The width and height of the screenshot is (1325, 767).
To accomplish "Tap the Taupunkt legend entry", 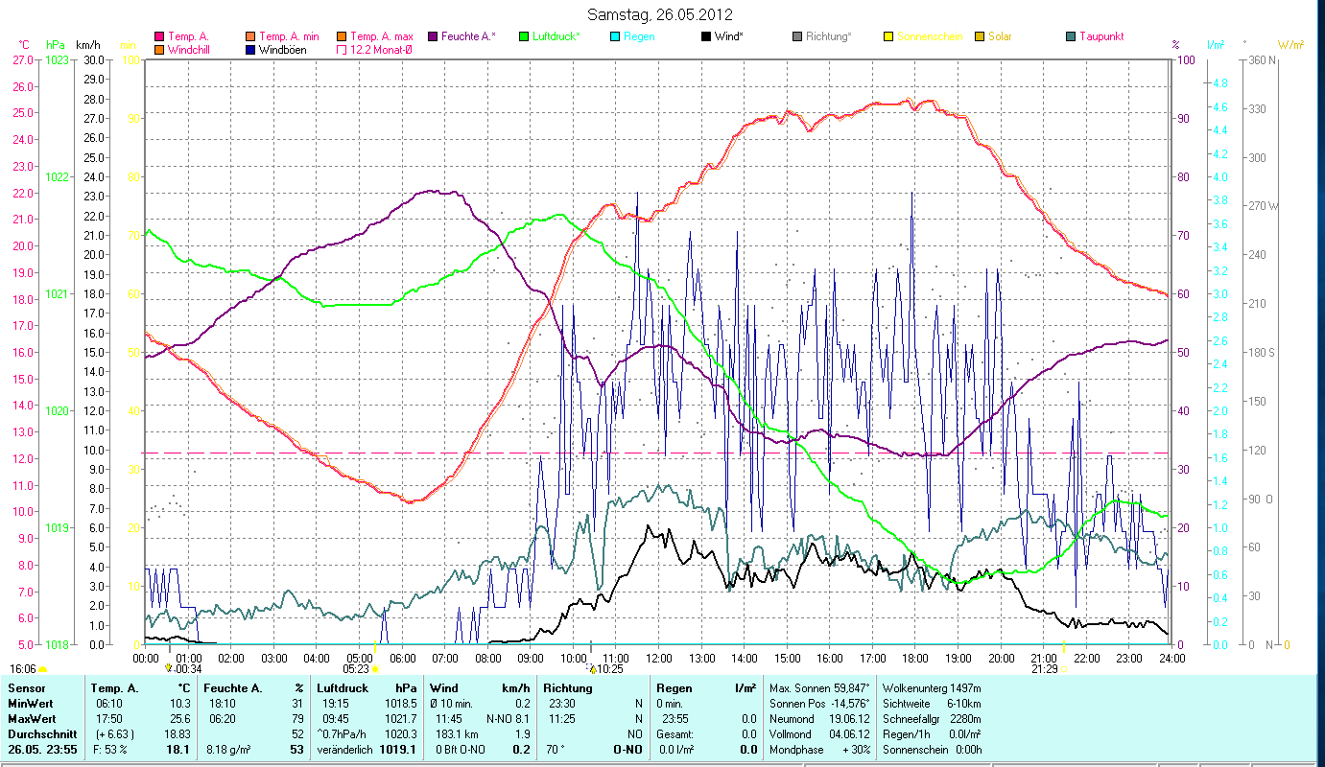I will tap(1100, 36).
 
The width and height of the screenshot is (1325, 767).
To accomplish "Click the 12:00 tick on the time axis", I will tap(659, 659).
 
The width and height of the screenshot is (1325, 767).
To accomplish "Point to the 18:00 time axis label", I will tap(915, 659).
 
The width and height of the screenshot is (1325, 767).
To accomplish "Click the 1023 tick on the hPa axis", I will tap(57, 60).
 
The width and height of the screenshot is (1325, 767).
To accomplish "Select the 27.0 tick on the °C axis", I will tap(22, 60).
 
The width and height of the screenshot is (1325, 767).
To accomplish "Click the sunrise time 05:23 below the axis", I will tap(356, 669).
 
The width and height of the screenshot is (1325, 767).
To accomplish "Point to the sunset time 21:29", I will tap(1045, 669).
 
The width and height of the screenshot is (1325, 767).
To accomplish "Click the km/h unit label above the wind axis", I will tap(87, 45).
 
